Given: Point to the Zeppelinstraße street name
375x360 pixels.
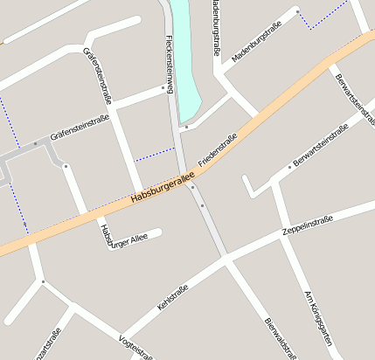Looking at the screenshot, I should [x=307, y=225].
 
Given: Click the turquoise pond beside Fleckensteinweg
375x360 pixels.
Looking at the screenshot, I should [x=185, y=52].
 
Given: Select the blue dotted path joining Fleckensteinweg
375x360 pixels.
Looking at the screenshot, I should [x=156, y=153].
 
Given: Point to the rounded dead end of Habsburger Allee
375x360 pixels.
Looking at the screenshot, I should [x=158, y=232].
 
